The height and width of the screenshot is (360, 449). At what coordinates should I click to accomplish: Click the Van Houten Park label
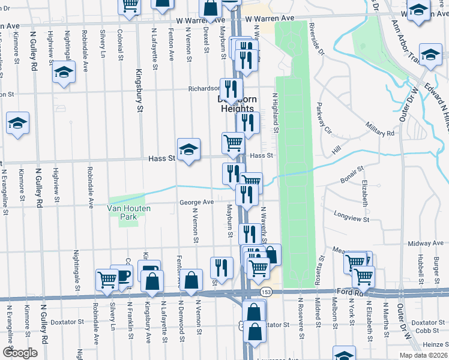[127, 208]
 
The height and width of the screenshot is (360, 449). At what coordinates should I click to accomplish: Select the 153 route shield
[265, 292]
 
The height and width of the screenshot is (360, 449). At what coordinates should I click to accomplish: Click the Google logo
[20, 353]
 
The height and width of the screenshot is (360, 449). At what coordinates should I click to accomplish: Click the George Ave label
[196, 202]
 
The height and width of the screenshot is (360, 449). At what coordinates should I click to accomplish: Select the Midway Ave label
[424, 244]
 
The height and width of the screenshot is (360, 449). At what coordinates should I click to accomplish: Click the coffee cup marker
[124, 277]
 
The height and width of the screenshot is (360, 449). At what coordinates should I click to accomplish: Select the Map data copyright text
[423, 355]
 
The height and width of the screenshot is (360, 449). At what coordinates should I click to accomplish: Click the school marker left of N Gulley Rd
[18, 124]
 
